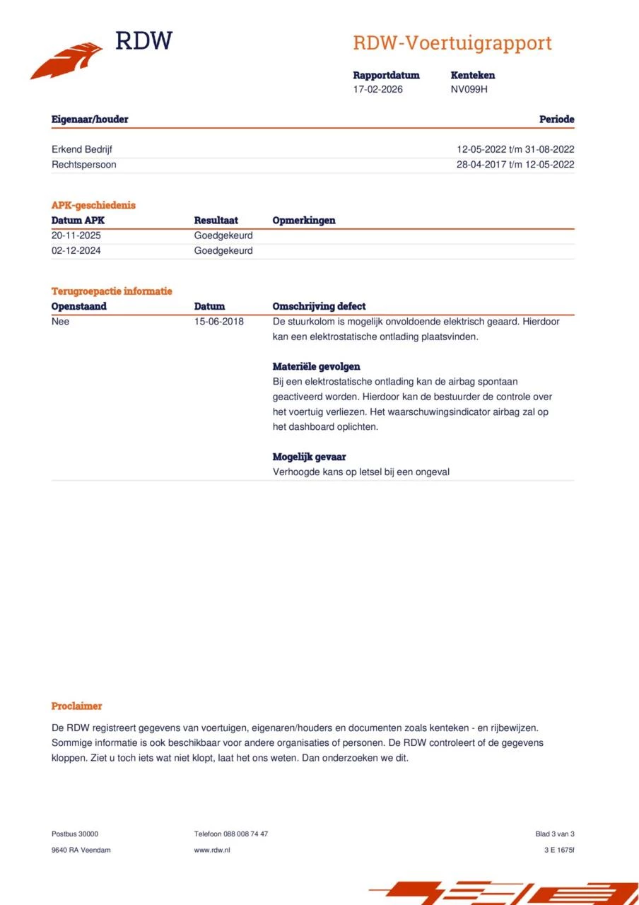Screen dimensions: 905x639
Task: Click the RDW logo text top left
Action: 143,41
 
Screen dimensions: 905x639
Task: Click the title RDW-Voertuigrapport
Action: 452,43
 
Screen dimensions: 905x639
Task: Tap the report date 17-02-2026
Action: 378,89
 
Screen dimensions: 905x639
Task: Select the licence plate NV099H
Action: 469,89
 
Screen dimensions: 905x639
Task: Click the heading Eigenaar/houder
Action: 90,119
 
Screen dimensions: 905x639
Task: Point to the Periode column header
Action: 556,119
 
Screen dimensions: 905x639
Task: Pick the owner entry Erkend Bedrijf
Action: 82,149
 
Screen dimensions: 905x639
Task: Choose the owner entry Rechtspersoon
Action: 84,165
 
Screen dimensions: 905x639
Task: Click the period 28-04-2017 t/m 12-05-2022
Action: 515,165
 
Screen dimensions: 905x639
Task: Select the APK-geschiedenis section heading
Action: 93,205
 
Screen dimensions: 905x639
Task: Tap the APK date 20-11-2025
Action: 76,235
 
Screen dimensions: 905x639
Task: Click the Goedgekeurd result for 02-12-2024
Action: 223,251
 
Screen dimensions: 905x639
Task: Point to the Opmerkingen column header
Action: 304,221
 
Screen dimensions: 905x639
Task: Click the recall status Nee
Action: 61,322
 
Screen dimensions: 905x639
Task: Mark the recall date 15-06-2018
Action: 219,322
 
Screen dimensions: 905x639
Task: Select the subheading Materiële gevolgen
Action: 316,367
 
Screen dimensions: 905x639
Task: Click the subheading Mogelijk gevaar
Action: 309,457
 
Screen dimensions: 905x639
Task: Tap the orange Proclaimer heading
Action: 76,706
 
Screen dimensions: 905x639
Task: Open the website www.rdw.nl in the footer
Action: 212,850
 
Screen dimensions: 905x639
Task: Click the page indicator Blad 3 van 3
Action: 555,834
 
